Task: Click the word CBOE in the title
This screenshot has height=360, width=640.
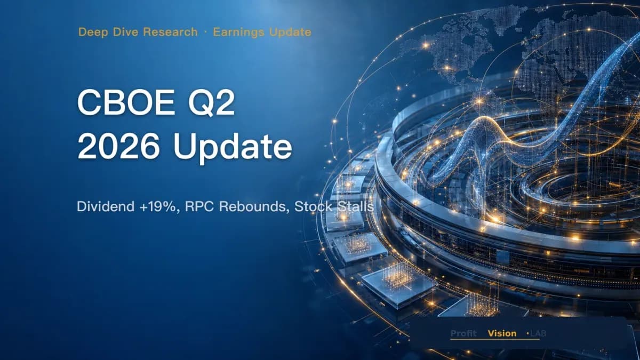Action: [x=126, y=102]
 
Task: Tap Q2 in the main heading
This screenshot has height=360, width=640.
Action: [x=211, y=103]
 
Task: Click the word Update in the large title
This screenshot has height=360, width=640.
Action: [x=233, y=148]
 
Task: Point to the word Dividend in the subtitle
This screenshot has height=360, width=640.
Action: [x=106, y=206]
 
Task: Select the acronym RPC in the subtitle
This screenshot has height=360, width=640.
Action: [x=199, y=206]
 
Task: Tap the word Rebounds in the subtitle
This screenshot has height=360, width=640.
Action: [x=253, y=206]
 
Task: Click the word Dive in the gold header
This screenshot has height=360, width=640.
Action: [x=125, y=31]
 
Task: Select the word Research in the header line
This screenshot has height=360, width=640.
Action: [x=170, y=31]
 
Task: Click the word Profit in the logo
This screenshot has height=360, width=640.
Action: [x=463, y=333]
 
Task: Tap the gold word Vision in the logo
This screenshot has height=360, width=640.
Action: [x=502, y=333]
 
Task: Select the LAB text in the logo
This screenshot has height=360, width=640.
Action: [x=538, y=333]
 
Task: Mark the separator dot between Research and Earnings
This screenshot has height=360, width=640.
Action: [x=205, y=33]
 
